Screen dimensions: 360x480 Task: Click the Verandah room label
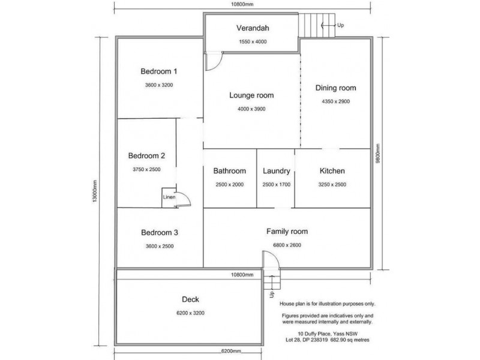point(251,28)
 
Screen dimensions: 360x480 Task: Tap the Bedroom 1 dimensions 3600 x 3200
point(159,85)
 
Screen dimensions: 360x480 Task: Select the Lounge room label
point(251,95)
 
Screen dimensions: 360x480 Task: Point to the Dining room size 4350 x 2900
point(335,101)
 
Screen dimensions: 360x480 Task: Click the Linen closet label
point(169,197)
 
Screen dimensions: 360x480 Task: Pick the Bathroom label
point(230,171)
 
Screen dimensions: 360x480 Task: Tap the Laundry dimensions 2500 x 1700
point(277,184)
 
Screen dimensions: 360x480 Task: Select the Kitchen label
point(332,171)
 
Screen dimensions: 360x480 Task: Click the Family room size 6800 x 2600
point(287,245)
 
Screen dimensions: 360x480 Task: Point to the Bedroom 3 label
point(159,233)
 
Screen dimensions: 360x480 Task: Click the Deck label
point(190,299)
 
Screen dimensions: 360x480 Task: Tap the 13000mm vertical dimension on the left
point(95,191)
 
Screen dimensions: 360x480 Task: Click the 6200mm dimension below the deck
point(230,352)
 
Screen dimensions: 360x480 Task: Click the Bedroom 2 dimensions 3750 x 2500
point(146,170)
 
